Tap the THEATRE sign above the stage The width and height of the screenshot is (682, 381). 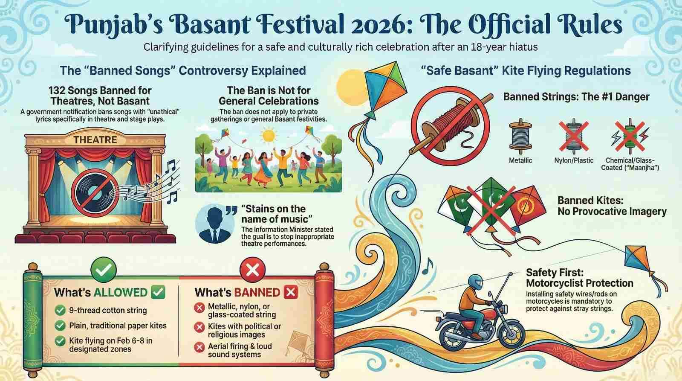click(95, 140)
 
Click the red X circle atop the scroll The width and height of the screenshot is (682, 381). click(252, 269)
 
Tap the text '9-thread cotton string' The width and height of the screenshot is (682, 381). click(107, 310)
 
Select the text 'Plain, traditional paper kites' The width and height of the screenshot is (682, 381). click(118, 326)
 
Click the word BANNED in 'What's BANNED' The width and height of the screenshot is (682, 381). click(257, 293)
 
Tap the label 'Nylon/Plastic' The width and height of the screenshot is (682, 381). click(574, 160)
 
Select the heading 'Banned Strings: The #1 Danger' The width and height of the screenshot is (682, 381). click(576, 97)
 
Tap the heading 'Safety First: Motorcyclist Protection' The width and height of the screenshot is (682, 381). click(579, 278)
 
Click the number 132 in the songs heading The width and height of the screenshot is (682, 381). click(59, 90)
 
